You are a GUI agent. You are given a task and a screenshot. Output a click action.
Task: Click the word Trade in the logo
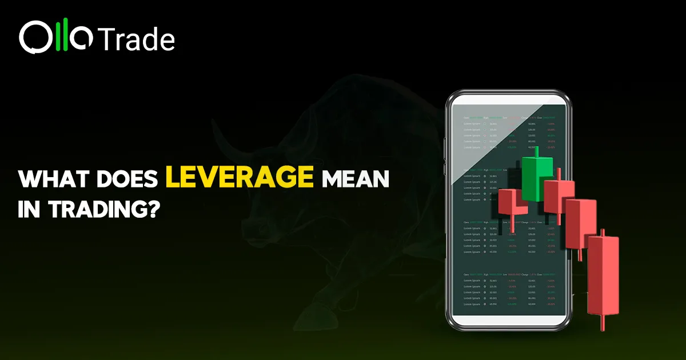tap(137, 39)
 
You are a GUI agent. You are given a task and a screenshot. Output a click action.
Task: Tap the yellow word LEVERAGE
tap(240, 178)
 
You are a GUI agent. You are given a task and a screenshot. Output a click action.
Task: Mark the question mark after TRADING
tap(150, 209)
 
